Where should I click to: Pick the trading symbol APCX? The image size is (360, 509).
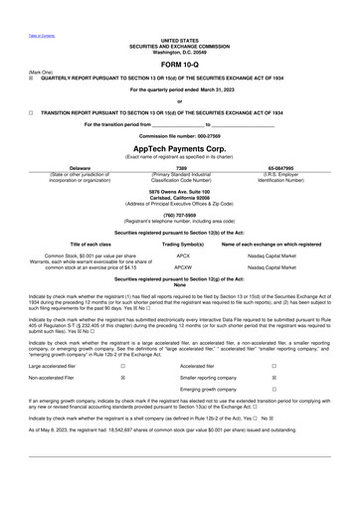[x=183, y=254]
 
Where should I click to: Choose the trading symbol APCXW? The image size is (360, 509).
[x=183, y=266]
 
